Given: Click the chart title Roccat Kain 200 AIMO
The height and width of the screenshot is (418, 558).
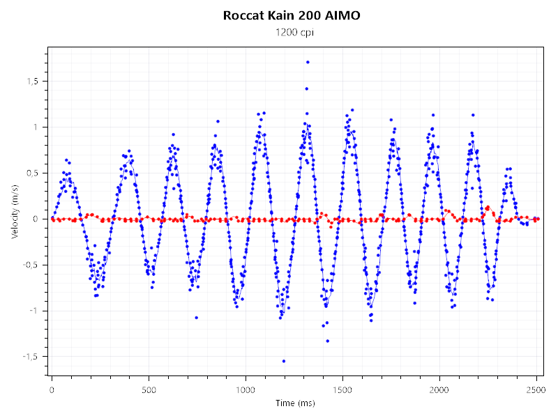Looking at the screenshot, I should click(x=292, y=15).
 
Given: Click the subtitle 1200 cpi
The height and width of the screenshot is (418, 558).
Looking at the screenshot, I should click(x=292, y=33).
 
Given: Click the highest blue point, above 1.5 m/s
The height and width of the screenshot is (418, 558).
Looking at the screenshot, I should click(x=308, y=62).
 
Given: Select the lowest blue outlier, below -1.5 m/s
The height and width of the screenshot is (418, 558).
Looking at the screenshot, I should click(x=284, y=361).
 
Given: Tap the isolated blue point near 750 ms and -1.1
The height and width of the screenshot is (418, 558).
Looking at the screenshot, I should click(x=196, y=318).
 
